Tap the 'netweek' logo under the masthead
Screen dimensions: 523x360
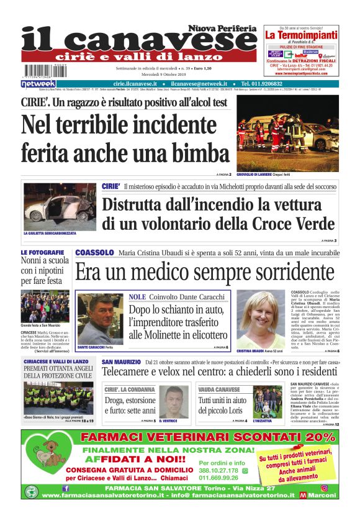pos(38,84)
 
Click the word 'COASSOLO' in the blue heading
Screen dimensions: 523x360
pos(94,253)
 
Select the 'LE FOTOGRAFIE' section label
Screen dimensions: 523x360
pos(42,253)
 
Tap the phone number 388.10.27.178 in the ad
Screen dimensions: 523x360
pos(219,471)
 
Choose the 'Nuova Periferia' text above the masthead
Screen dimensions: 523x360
pos(223,29)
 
